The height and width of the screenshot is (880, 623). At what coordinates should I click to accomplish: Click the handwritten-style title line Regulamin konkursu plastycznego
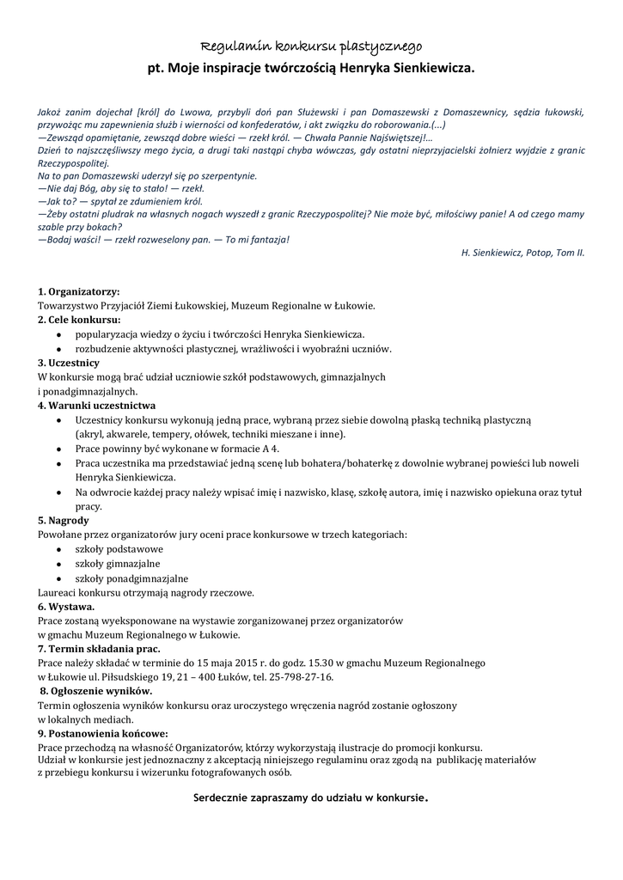coord(311,45)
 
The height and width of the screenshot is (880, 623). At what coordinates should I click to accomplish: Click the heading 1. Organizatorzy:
coord(79,291)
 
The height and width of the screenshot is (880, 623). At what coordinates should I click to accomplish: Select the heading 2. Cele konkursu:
coord(79,320)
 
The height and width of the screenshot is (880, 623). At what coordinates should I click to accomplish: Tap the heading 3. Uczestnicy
coord(69,363)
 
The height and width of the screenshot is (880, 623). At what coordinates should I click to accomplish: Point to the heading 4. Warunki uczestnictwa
coord(96,405)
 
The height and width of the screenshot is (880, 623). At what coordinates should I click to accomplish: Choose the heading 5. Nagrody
coord(64,520)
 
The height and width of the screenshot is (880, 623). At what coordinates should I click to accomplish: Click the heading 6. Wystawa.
coord(66,606)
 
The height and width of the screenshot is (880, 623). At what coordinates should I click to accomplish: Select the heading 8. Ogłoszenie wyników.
coord(97,691)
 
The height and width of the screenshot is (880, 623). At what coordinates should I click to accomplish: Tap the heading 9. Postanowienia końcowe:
coord(102,733)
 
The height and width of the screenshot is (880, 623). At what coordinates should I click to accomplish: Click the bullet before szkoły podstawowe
coord(58,549)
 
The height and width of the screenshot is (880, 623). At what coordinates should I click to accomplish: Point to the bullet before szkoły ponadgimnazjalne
coord(58,578)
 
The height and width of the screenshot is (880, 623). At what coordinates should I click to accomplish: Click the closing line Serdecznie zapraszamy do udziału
coord(311,797)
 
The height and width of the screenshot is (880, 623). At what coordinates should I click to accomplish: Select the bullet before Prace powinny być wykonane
coord(58,449)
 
